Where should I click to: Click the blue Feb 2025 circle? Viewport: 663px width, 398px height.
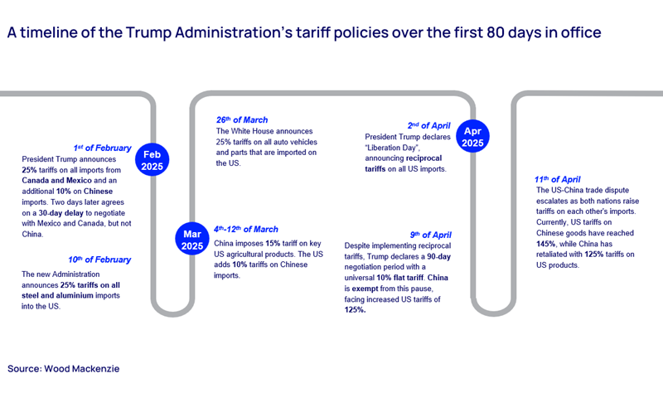(x=152, y=161)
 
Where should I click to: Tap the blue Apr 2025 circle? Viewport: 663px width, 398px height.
(x=472, y=137)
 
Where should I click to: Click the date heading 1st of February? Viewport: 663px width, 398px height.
(x=101, y=148)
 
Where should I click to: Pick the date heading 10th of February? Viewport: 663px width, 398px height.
(x=99, y=260)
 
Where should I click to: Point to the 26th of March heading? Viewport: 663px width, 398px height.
(x=242, y=120)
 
